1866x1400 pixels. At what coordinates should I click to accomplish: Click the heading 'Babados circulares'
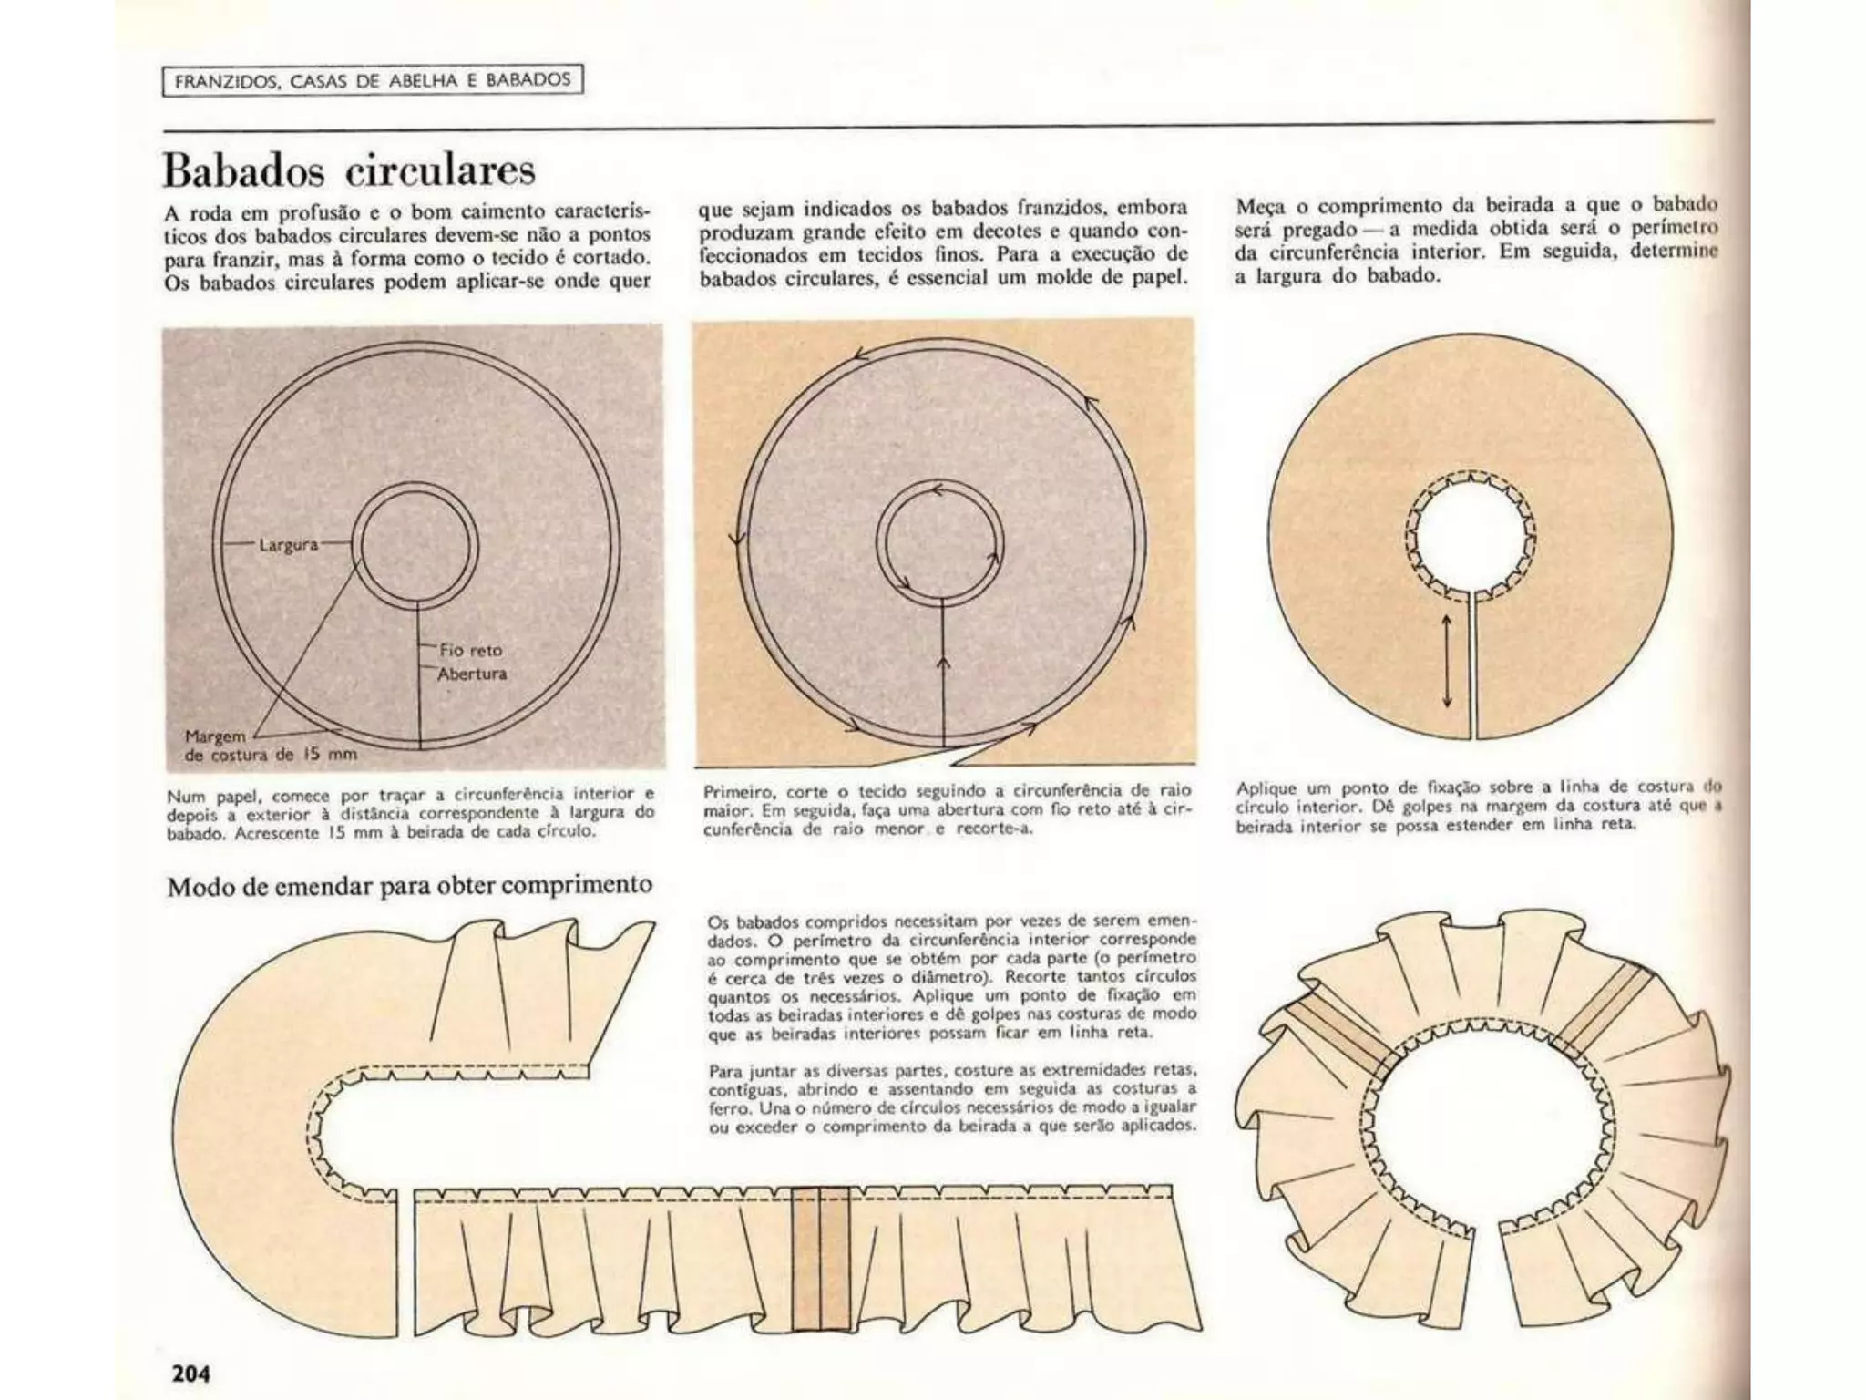[x=349, y=170]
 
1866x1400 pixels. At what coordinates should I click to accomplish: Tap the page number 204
[x=191, y=1373]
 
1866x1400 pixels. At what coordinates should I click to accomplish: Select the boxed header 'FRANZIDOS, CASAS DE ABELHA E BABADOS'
[x=373, y=80]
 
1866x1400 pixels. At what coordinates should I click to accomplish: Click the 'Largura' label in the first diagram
[x=288, y=545]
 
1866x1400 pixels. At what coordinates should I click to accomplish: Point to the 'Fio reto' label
[x=470, y=650]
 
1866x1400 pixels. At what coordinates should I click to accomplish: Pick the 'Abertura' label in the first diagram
[x=472, y=674]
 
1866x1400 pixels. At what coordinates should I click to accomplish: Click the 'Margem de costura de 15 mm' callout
[x=270, y=746]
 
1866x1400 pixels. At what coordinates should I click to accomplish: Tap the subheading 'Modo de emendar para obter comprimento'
[x=409, y=885]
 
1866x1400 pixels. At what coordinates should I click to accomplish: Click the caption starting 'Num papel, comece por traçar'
[x=410, y=813]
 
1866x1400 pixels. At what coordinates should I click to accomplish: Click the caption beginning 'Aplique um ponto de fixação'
[x=1476, y=806]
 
